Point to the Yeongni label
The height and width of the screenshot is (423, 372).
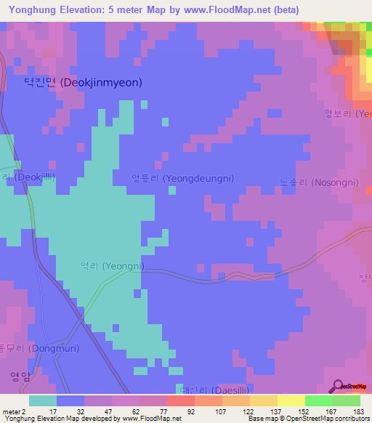pyautogui.click(x=112, y=266)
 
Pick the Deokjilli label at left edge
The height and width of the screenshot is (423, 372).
pyautogui.click(x=29, y=177)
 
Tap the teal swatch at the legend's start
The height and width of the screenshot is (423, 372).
pyautogui.click(x=43, y=400)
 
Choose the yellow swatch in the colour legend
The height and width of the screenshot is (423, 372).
pyautogui.click(x=291, y=400)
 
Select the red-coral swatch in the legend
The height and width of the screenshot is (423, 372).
pyautogui.click(x=180, y=400)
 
